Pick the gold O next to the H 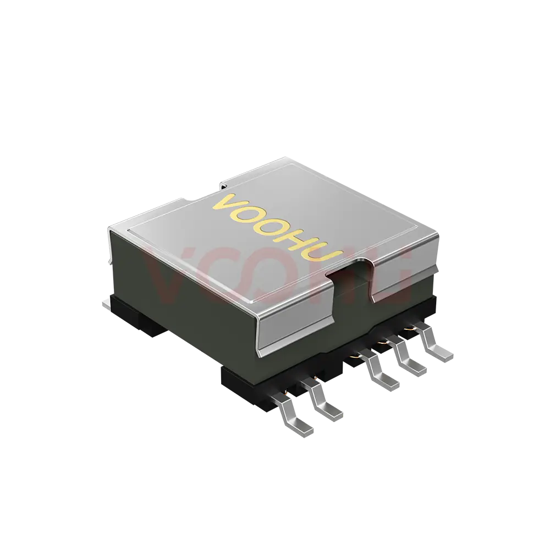pyautogui.click(x=272, y=227)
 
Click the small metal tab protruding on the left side pyautogui.click(x=106, y=302)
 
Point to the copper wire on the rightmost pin pyautogui.click(x=409, y=328)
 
